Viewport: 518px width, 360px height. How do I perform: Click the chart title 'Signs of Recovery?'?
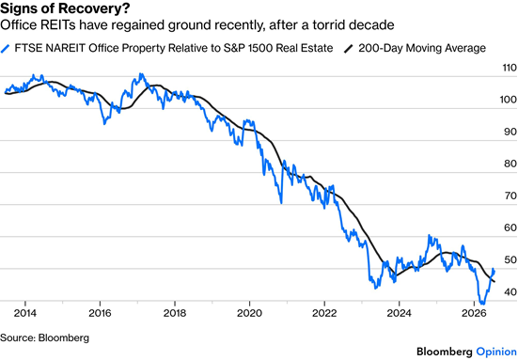pyautogui.click(x=65, y=8)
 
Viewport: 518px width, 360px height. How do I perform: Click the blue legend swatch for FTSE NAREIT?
pyautogui.click(x=6, y=49)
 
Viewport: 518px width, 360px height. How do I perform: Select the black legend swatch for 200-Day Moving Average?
pyautogui.click(x=349, y=49)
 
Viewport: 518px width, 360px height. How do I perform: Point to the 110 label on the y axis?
pyautogui.click(x=510, y=68)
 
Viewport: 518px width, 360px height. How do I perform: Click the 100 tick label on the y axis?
pyautogui.click(x=509, y=100)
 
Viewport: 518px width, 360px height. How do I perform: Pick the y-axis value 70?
pyautogui.click(x=510, y=196)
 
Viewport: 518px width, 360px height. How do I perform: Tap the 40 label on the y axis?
pyautogui.click(x=510, y=291)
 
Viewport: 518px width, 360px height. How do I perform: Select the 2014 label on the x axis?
pyautogui.click(x=24, y=313)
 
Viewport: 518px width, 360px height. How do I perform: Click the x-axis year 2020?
pyautogui.click(x=249, y=313)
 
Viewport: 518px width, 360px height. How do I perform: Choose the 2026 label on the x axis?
pyautogui.click(x=474, y=313)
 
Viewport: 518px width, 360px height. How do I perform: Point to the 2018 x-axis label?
pyautogui.click(x=175, y=313)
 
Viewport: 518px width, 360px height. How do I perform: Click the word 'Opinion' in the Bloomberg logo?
pyautogui.click(x=496, y=352)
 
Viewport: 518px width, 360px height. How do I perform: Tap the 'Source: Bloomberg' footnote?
pyautogui.click(x=44, y=337)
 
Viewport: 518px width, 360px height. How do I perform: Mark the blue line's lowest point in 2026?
pyautogui.click(x=482, y=304)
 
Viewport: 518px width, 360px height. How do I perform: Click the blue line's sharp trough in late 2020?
pyautogui.click(x=281, y=203)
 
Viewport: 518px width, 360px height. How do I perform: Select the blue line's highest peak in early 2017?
pyautogui.click(x=141, y=74)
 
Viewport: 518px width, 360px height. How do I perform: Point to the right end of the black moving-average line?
pyautogui.click(x=494, y=282)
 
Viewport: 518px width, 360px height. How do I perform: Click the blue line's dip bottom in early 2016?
pyautogui.click(x=104, y=124)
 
